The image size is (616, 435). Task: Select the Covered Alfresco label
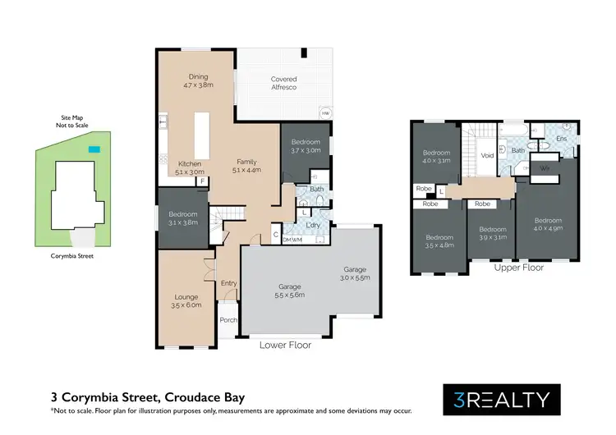coord(283,83)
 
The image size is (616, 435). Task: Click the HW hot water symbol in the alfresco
coord(325,113)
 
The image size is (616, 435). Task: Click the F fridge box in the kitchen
coord(202,181)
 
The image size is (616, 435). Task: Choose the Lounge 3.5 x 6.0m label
coord(186,301)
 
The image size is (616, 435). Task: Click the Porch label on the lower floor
coord(228,321)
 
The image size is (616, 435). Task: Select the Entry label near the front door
coord(228,283)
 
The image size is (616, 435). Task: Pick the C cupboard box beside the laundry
coord(276,234)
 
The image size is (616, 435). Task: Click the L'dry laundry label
coord(311,224)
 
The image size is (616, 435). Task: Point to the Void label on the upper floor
coord(486,153)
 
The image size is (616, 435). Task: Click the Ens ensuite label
coord(562,139)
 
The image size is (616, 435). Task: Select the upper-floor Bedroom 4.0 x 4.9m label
coord(547,225)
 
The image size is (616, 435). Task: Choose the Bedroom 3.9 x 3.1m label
coord(492,234)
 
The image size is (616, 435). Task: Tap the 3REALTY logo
coord(501,400)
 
